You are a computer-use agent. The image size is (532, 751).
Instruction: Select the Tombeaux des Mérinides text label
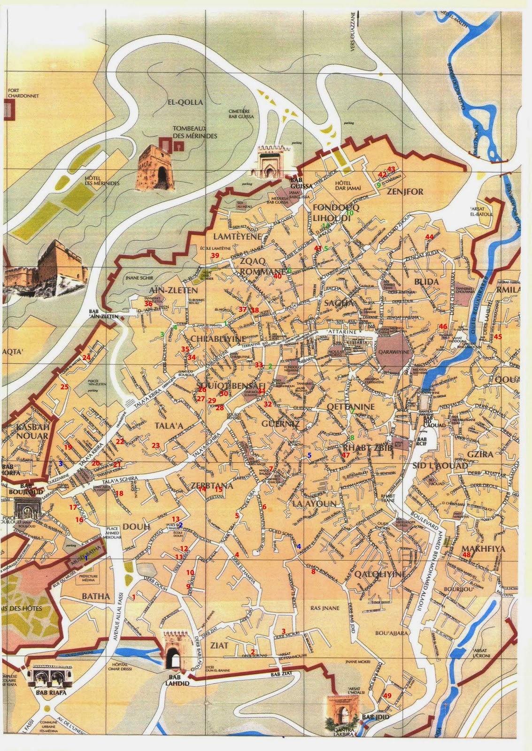coord(195,131)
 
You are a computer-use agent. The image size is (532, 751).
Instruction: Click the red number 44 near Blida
coord(429,237)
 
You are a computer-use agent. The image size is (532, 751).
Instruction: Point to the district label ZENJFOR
coord(405,192)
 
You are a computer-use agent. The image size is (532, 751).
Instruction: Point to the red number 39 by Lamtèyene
coord(215,255)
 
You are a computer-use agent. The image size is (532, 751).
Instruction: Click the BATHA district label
coord(96,597)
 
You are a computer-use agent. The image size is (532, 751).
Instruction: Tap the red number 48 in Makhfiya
coord(466,555)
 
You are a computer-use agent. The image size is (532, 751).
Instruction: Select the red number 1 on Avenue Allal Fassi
coord(134,597)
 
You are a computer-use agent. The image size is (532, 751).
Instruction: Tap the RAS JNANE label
coord(324,608)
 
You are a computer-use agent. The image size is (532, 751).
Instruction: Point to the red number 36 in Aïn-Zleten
coord(148,304)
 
